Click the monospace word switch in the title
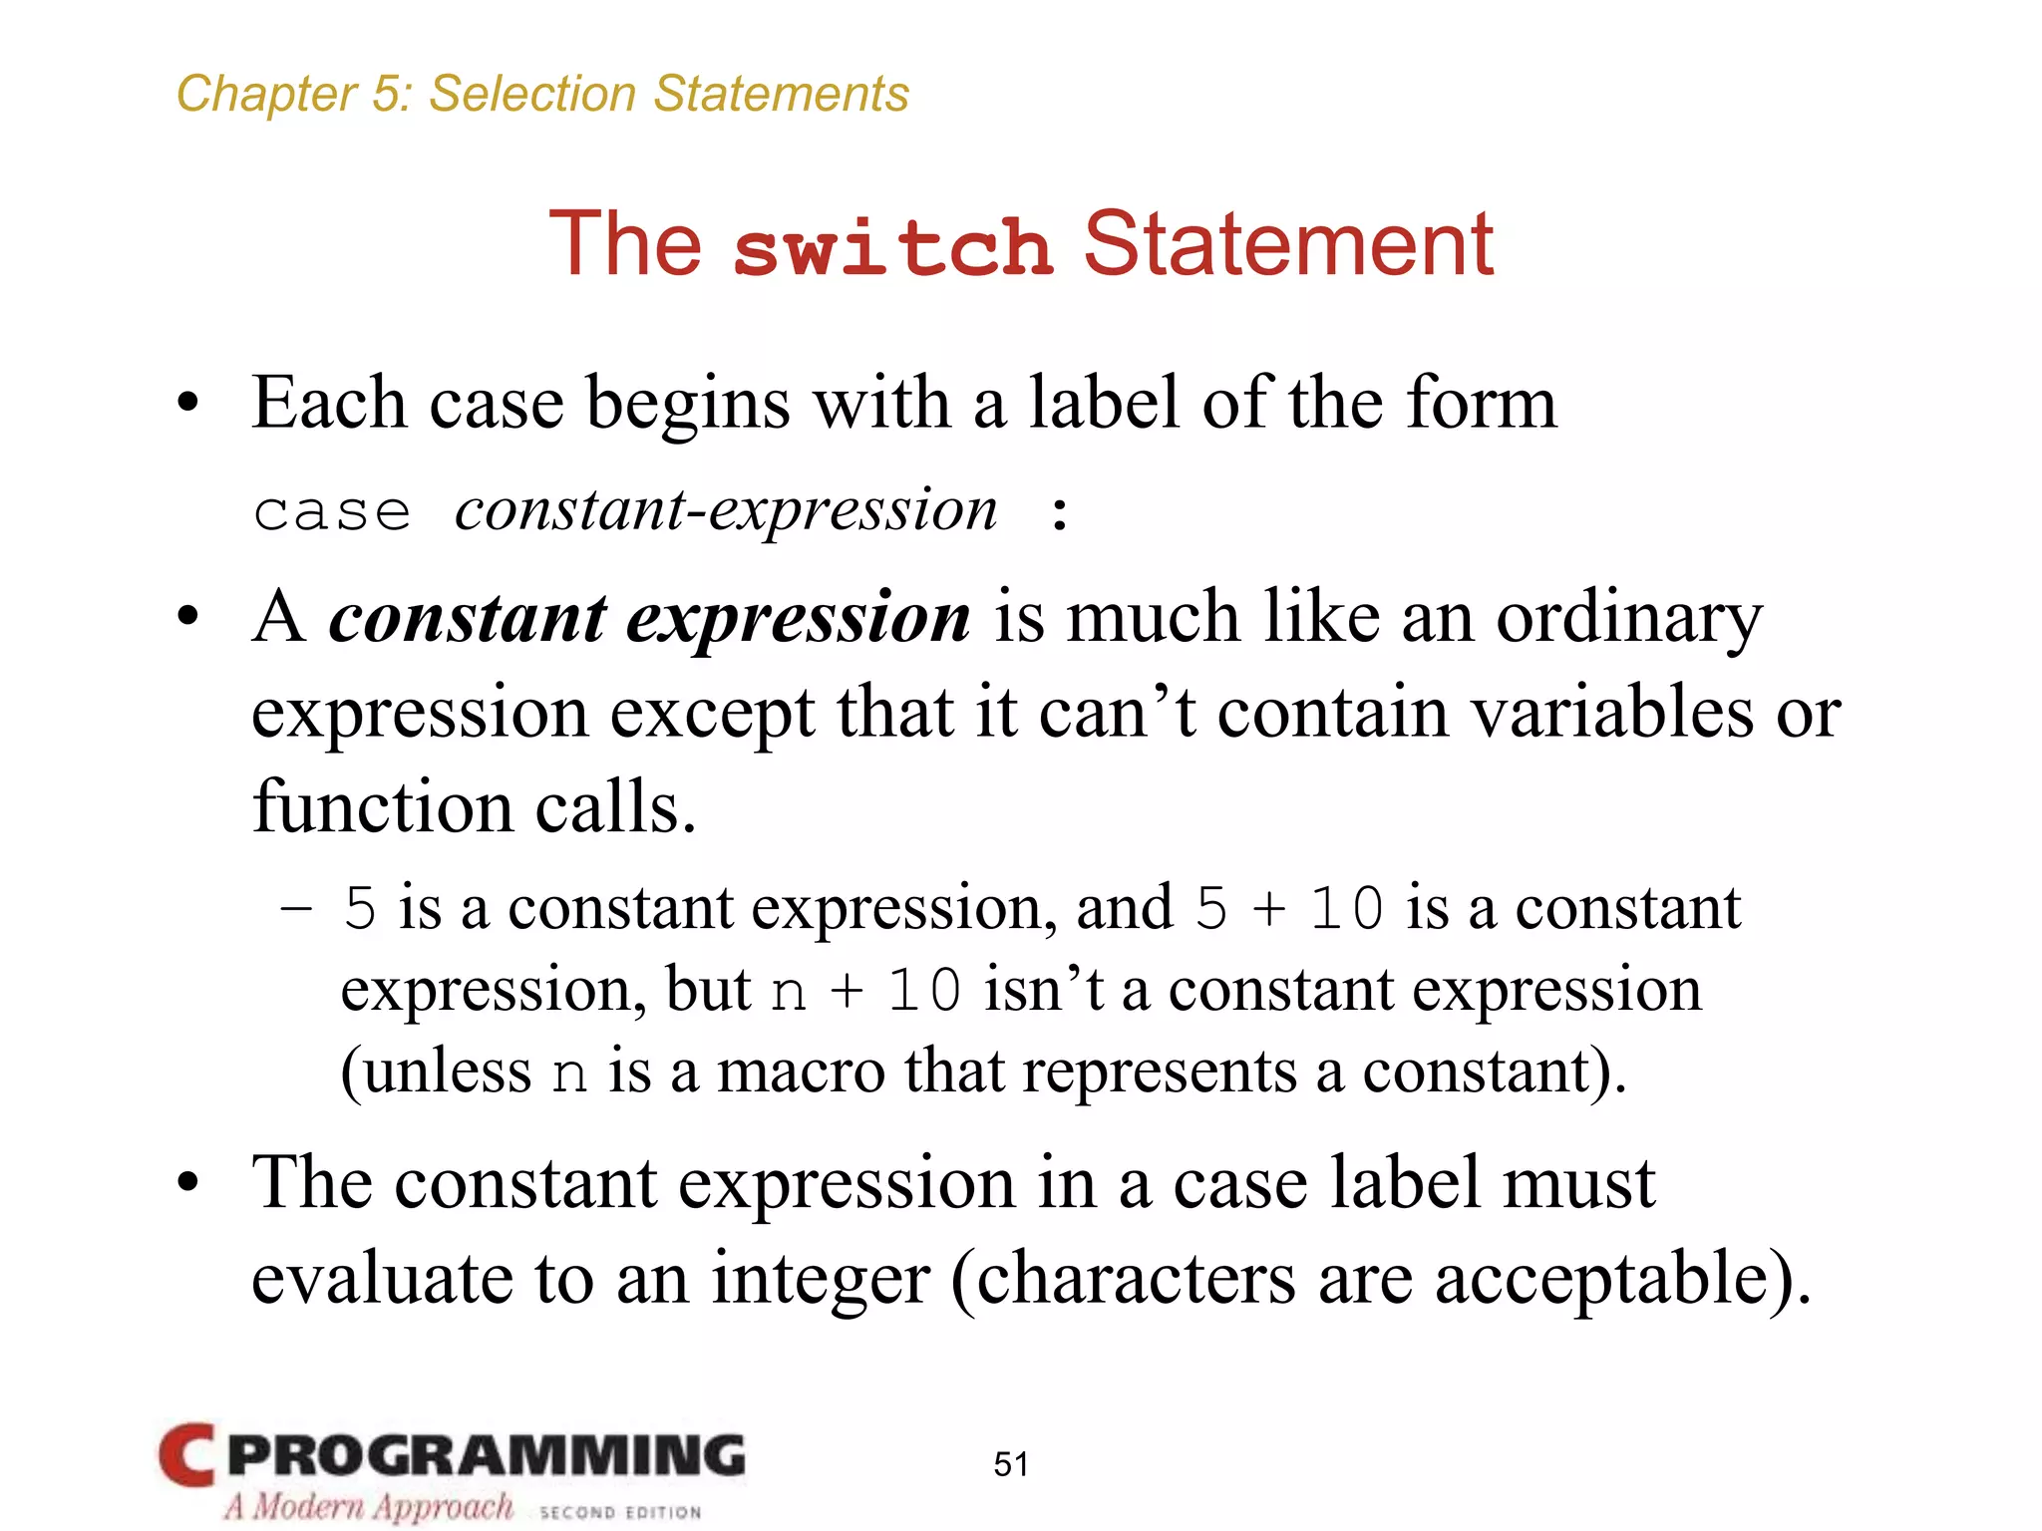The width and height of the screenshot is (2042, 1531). pos(892,247)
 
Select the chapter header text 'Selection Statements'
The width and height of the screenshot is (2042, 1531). pos(668,94)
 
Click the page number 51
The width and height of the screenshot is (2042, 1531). pos(1011,1463)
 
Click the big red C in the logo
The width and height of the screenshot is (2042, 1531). pos(186,1455)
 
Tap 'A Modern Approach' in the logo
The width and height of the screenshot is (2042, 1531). pos(368,1506)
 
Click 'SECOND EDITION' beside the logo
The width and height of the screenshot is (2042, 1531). pos(620,1512)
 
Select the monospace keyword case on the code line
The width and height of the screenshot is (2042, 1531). pos(332,512)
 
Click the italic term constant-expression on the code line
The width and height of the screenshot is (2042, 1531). pos(726,510)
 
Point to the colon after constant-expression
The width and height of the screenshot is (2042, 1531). pos(1060,514)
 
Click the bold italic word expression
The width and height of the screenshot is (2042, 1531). pos(799,618)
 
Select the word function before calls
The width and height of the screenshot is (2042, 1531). pos(383,806)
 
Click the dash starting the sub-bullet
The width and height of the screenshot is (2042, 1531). pos(296,908)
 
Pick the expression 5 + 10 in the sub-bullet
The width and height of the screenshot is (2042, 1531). pos(1289,908)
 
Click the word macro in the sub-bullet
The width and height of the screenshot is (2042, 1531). pos(801,1072)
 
